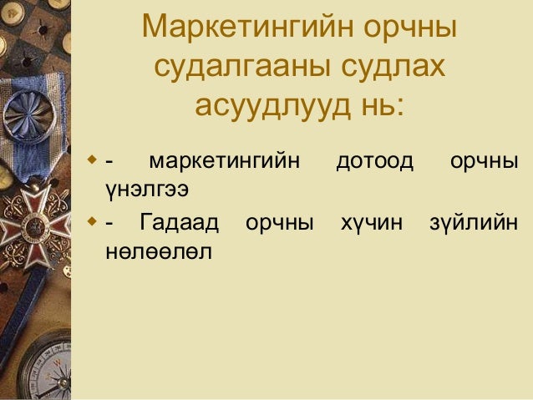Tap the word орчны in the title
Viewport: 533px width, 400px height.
coord(410,28)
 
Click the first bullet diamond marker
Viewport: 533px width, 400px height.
coord(93,158)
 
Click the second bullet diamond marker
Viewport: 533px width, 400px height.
coord(93,221)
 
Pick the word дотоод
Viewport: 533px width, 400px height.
coord(374,160)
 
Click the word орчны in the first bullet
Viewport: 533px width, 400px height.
coord(484,160)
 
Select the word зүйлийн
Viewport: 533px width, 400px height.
coord(473,223)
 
